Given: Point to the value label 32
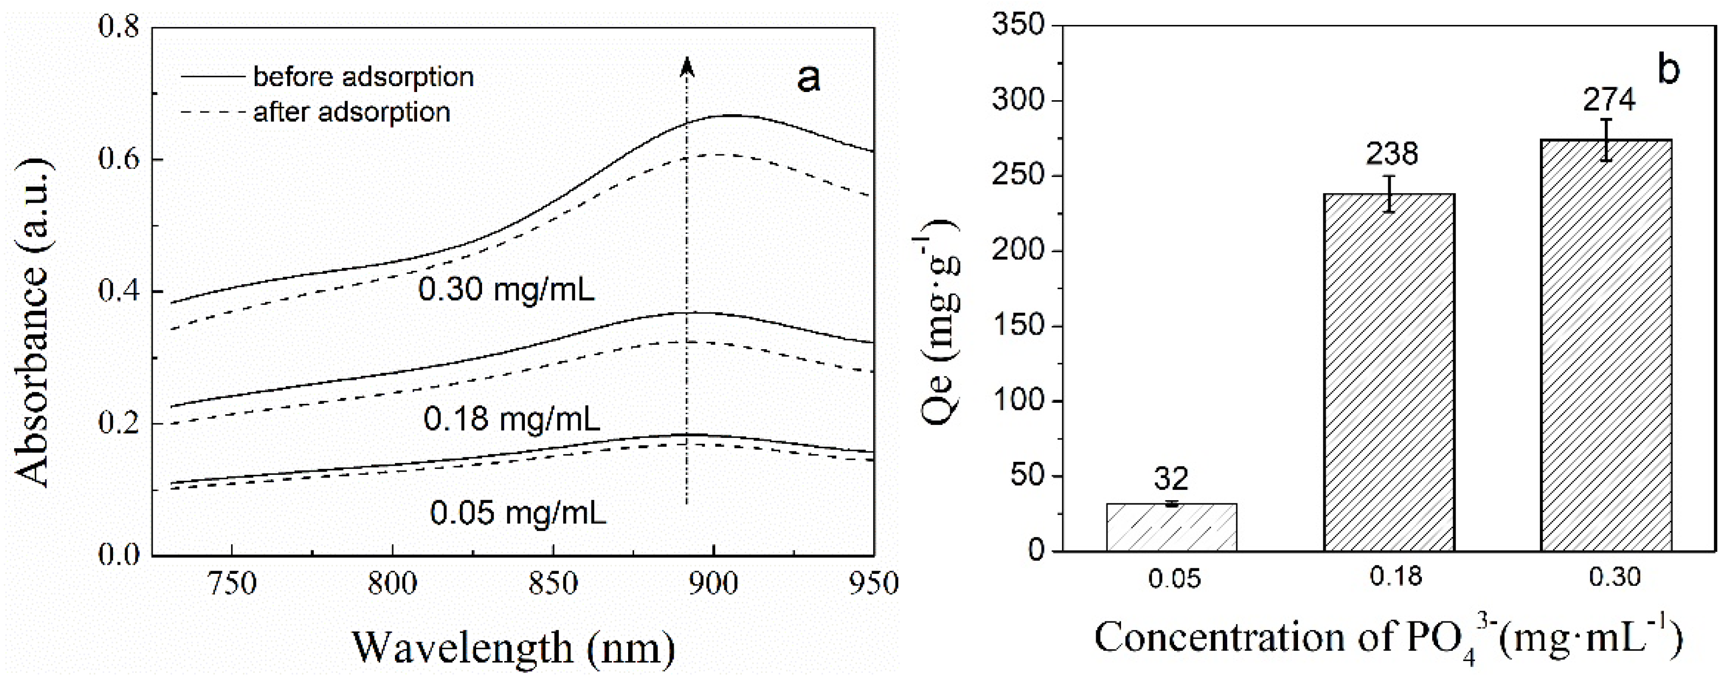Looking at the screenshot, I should [1171, 479].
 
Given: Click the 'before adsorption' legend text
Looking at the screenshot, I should [363, 77].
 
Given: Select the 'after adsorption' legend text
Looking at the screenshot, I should [351, 112].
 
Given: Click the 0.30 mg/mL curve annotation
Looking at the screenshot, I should [506, 290].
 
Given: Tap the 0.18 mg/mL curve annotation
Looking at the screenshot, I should [511, 419].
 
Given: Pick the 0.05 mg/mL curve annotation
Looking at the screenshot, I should [518, 513].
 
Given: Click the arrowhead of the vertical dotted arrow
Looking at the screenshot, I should [686, 66].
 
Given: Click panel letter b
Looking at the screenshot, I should [1669, 69].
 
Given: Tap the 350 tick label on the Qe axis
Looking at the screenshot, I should [1017, 25].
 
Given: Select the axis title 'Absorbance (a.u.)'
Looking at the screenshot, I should [32, 323].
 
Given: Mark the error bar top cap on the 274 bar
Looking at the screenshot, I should [1606, 120].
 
